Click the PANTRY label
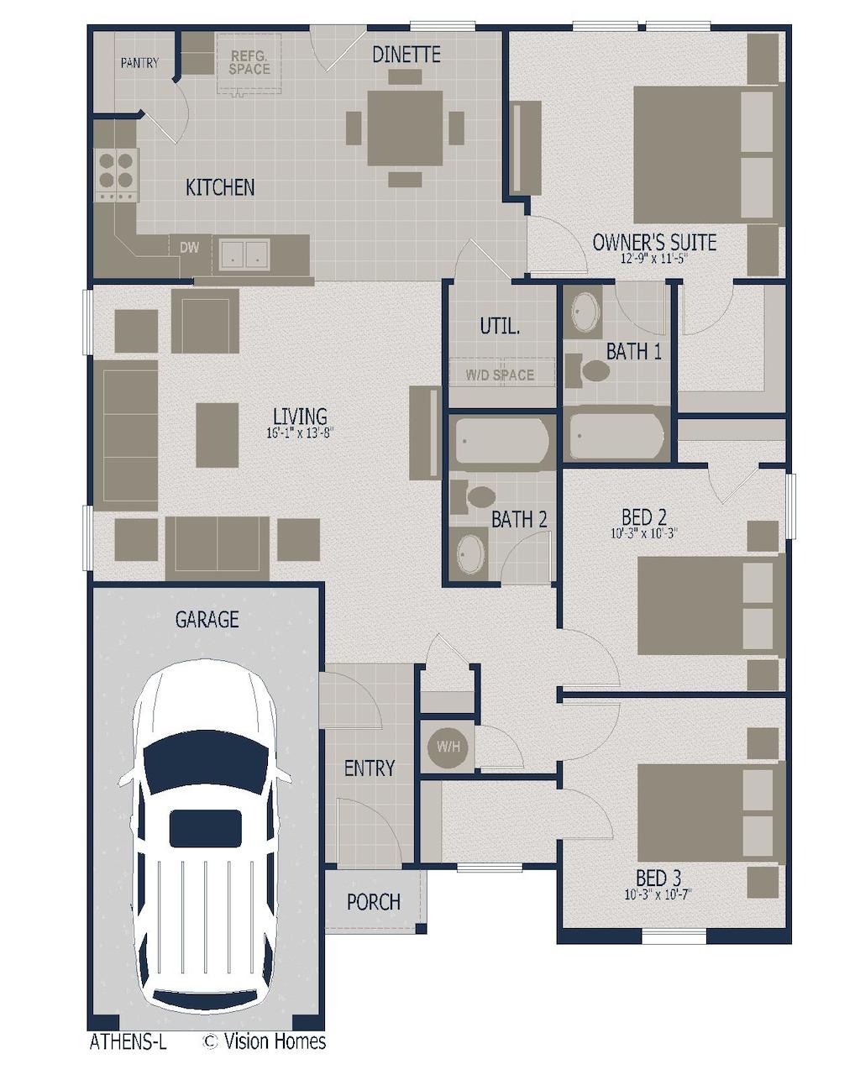[139, 63]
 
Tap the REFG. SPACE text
[249, 62]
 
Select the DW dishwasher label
[190, 247]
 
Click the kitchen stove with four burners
[117, 175]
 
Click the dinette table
[406, 128]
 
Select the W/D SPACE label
[500, 375]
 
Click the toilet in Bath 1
[588, 370]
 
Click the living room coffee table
[217, 434]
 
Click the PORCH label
[373, 902]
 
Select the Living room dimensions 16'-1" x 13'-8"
[300, 433]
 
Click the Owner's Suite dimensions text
[653, 259]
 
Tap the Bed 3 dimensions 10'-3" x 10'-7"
[658, 894]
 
